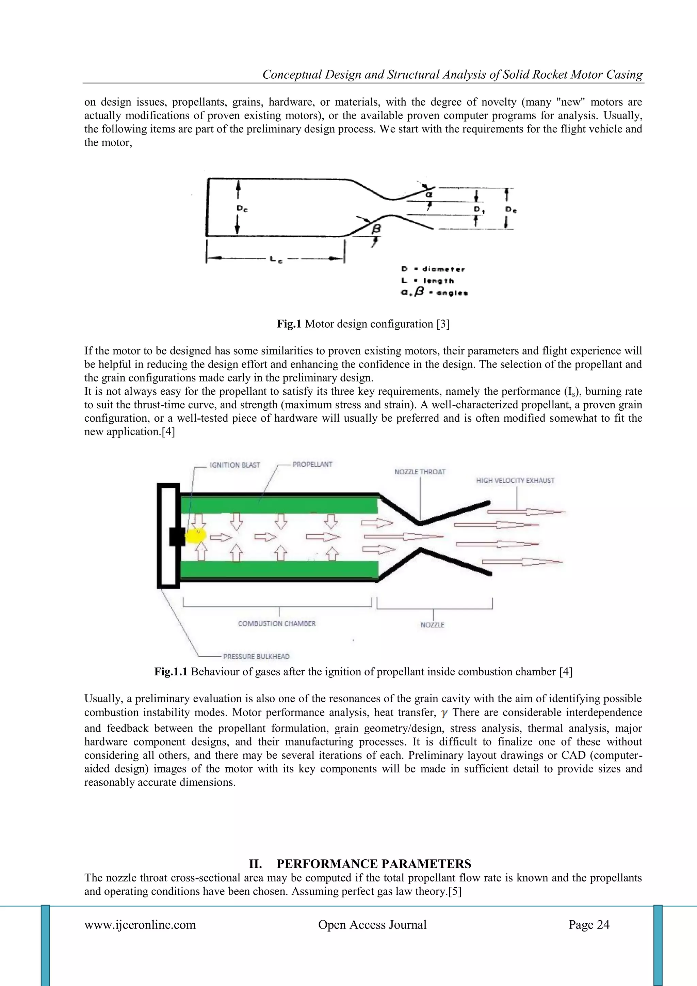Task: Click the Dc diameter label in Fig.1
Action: tap(242, 209)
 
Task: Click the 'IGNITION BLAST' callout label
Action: tap(235, 465)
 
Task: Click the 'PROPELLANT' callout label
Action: tap(312, 464)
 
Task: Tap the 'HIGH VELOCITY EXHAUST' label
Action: tap(515, 481)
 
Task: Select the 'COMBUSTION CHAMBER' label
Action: tap(277, 624)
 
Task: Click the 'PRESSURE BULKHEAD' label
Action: tap(256, 657)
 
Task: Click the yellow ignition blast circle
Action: tap(197, 535)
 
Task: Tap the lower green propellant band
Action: tap(279, 569)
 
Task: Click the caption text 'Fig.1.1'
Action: tap(171, 672)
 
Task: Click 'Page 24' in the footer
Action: tap(589, 925)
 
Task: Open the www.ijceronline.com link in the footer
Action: tap(140, 925)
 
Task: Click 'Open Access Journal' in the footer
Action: tap(372, 925)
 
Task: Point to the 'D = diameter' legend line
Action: tap(433, 269)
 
